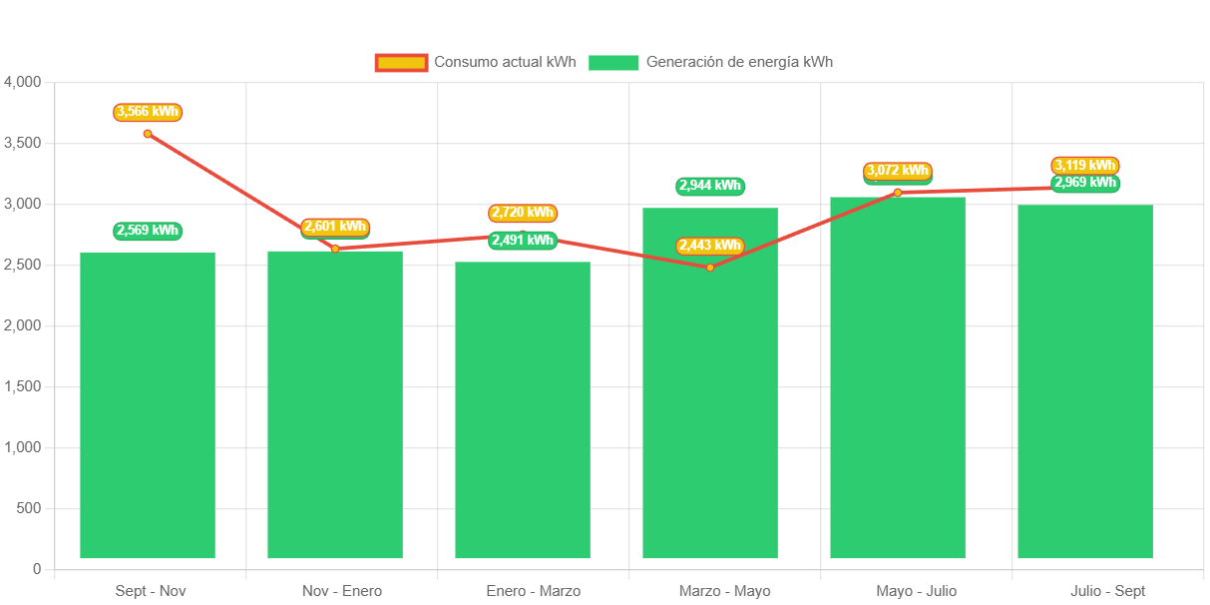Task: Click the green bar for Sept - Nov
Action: [148, 404]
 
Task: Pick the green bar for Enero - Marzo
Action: [523, 409]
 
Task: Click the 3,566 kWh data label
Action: [148, 112]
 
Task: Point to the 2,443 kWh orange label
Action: [710, 246]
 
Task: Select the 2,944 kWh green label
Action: [710, 186]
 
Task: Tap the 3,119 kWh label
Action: [1085, 165]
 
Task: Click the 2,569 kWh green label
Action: [148, 231]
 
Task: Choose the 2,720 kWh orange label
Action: [523, 213]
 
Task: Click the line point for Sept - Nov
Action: [148, 134]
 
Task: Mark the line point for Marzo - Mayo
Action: [710, 268]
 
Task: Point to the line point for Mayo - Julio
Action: [897, 192]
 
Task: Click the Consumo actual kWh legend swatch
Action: [401, 63]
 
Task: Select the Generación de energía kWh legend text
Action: [739, 62]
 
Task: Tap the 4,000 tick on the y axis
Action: [22, 82]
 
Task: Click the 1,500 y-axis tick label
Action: [22, 386]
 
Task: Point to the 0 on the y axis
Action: [37, 569]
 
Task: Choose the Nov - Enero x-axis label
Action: [341, 591]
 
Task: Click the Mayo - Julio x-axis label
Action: [916, 591]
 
